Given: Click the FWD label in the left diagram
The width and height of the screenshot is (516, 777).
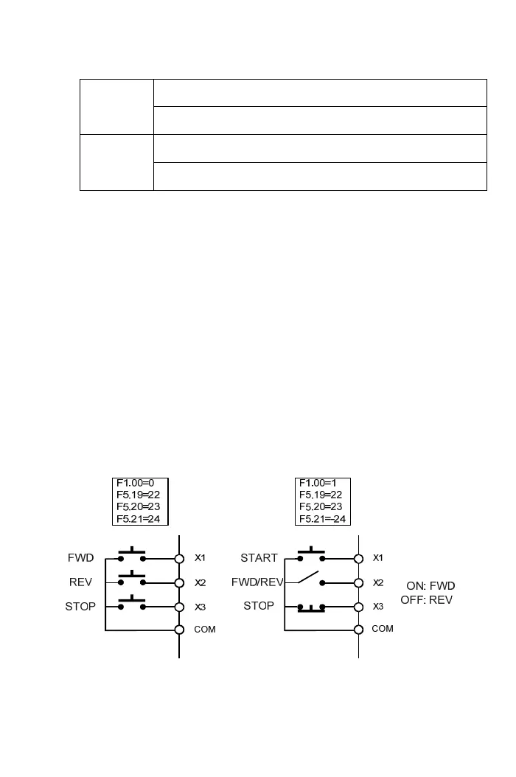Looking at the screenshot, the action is [81, 558].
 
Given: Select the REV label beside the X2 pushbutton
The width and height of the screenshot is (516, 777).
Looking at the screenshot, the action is [81, 582].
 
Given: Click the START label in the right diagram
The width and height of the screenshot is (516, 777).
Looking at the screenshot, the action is [259, 558].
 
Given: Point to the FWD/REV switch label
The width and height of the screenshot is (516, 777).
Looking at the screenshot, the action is [257, 582].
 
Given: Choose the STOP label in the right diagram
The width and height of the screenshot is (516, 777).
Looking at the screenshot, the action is [259, 606].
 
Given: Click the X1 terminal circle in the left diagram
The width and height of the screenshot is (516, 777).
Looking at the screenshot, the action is [179, 559].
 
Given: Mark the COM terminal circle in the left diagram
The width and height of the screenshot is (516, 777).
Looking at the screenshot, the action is [179, 630].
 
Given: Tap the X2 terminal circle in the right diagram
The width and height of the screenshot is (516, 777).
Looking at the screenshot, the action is [359, 582].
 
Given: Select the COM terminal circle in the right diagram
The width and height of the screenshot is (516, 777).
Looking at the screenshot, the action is [359, 630].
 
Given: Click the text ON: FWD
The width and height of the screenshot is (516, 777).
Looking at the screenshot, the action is [430, 586].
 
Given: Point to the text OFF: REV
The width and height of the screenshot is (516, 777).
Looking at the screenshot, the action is [426, 600].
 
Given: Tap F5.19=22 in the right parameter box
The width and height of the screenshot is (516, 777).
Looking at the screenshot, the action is [320, 495].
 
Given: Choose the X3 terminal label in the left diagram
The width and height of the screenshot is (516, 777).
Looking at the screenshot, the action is [200, 607].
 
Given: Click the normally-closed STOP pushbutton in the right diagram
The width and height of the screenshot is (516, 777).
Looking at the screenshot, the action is [311, 607].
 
